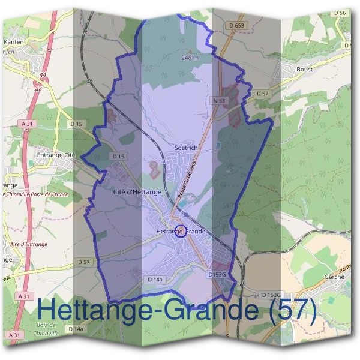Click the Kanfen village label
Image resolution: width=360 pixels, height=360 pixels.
tap(13, 42)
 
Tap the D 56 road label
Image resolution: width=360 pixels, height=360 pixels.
tap(339, 13)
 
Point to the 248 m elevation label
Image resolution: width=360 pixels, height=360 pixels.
tap(190, 58)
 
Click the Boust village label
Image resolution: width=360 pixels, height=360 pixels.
tap(304, 69)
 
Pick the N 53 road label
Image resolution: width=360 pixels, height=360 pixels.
tap(218, 101)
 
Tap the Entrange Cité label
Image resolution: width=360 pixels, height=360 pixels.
tap(55, 155)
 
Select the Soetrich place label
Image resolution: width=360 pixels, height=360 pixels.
tap(185, 147)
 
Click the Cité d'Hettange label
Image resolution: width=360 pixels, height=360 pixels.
tap(137, 192)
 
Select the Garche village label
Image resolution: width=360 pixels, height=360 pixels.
tap(334, 277)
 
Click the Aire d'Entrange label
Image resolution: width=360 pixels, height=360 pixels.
tap(25, 244)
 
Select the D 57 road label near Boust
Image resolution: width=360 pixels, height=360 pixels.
tap(262, 94)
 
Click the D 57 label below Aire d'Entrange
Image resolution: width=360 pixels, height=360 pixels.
tap(83, 262)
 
